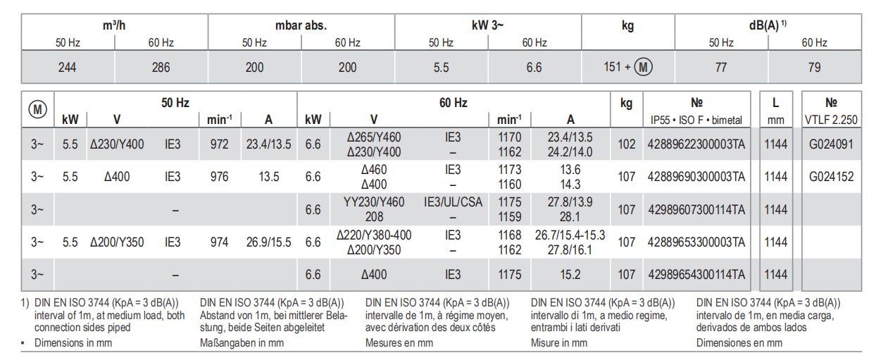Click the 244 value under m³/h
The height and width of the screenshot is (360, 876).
click(68, 68)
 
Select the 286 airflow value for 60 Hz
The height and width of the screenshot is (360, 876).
click(161, 68)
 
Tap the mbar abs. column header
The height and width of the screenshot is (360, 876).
click(301, 26)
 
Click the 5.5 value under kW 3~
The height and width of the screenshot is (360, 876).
click(441, 68)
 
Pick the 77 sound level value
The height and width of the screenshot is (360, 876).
click(721, 68)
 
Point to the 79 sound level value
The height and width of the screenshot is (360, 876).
click(814, 68)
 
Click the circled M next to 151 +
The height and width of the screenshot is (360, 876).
click(643, 68)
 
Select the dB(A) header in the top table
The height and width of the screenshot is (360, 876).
click(766, 26)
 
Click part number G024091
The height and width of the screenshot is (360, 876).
click(831, 144)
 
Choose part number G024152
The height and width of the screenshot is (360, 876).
click(831, 177)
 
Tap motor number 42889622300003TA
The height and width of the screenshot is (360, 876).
click(696, 144)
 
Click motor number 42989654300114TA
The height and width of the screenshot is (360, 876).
click(696, 274)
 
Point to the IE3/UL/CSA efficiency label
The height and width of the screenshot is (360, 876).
click(453, 202)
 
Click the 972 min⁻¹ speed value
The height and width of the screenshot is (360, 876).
click(219, 144)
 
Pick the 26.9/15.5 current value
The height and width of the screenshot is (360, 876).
click(268, 242)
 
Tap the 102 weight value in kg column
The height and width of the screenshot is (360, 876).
click(626, 144)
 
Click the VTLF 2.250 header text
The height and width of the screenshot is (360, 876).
click(831, 120)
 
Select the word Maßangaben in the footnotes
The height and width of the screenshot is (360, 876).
click(227, 343)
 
